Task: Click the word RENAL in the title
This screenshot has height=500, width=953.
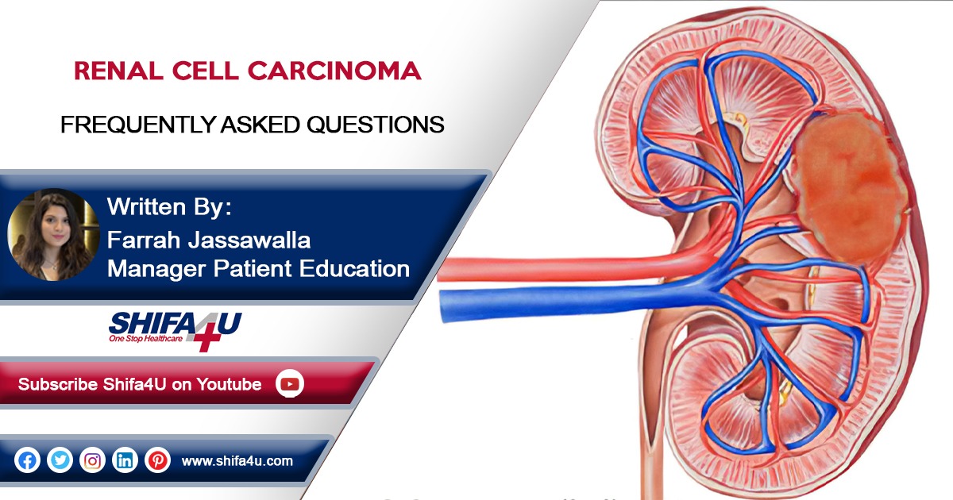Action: (x=118, y=71)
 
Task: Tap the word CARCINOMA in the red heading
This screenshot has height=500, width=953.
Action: (x=334, y=71)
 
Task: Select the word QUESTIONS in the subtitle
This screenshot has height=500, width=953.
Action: (x=375, y=125)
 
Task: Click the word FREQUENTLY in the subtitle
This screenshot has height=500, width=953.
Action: (x=138, y=125)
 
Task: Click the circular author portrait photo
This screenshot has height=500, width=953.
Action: (x=54, y=234)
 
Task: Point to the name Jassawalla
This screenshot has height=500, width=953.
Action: (x=249, y=240)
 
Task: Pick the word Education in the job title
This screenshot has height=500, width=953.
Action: (x=354, y=269)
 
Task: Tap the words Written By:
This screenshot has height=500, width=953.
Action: (x=169, y=207)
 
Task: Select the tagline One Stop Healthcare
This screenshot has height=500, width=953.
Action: (x=145, y=339)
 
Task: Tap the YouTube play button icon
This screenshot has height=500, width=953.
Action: (x=290, y=384)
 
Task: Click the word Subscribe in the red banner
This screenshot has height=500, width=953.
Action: (x=58, y=384)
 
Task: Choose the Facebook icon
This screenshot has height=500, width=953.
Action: (x=27, y=460)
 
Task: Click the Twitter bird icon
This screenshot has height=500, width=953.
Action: (x=60, y=460)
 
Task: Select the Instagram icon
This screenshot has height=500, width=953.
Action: (x=92, y=460)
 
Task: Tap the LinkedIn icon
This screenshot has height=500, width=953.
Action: (x=125, y=460)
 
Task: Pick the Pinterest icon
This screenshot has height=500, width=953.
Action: (x=158, y=460)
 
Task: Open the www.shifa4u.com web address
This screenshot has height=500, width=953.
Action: (x=237, y=461)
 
